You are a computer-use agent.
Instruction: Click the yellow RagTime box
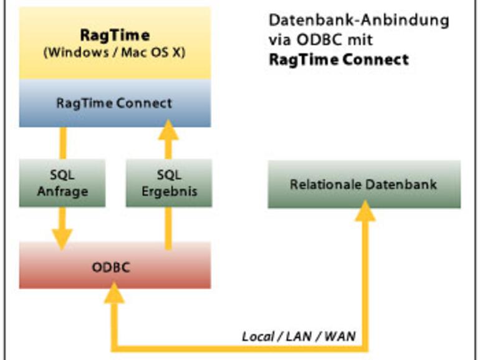115,44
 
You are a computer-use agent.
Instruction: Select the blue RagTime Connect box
115,103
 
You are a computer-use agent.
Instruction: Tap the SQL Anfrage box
62,184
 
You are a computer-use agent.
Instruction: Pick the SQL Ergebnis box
168,184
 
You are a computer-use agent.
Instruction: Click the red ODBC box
115,267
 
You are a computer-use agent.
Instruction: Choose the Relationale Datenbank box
364,184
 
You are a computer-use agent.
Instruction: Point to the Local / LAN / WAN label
299,336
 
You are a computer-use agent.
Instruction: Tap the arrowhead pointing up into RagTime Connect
168,130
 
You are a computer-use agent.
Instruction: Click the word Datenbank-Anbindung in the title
358,20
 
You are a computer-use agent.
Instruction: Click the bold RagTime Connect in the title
338,60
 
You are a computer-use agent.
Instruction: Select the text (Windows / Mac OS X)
115,52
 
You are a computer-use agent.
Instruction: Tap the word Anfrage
62,192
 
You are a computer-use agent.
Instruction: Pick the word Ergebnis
168,192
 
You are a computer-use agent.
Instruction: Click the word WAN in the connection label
340,336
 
